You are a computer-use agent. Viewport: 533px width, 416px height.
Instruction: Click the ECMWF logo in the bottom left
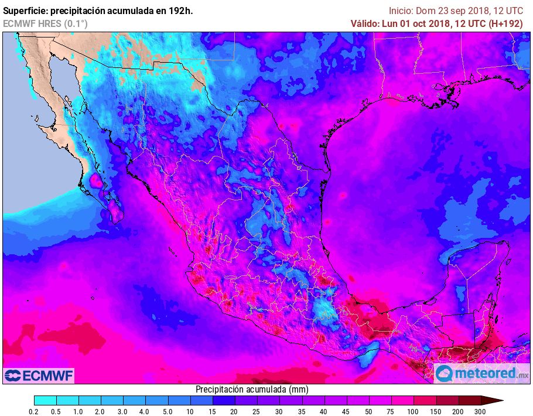click(39, 375)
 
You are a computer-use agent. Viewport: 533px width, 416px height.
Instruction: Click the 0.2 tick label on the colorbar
click(34, 412)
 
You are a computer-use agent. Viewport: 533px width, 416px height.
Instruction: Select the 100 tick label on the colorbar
click(414, 412)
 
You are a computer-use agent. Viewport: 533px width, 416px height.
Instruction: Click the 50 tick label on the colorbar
click(368, 412)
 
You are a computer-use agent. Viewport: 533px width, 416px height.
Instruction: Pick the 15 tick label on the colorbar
click(213, 412)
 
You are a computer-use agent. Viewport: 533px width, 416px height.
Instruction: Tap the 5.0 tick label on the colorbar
click(168, 412)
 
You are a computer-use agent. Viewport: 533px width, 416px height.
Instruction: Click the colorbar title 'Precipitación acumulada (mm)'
click(252, 389)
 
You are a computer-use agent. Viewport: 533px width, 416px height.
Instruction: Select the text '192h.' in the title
click(181, 11)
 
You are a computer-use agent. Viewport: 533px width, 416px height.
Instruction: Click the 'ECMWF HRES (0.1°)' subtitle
click(46, 23)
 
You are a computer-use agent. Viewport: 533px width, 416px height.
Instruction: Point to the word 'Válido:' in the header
click(367, 23)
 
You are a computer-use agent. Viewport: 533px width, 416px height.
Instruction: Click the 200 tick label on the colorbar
click(459, 412)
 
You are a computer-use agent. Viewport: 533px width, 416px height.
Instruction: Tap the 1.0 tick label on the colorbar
click(78, 412)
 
